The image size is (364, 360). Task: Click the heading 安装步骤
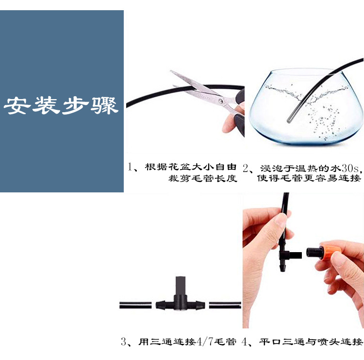tap(62, 105)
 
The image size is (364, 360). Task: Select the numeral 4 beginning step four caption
tap(246, 342)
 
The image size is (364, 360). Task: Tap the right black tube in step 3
tap(225, 306)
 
